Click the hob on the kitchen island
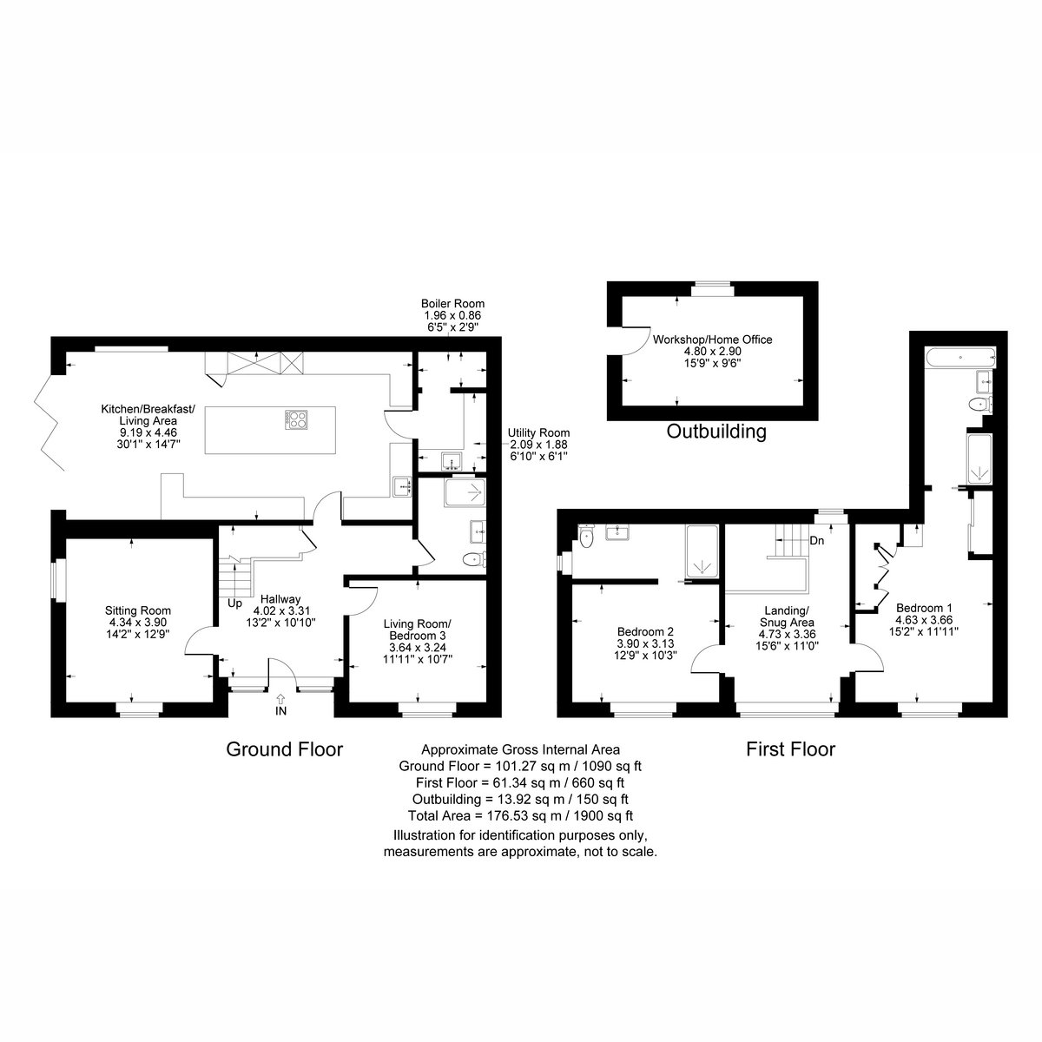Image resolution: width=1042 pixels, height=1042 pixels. pyautogui.click(x=296, y=419)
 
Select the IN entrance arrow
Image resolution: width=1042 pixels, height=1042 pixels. pyautogui.click(x=280, y=700)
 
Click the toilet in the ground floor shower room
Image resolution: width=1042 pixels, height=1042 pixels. pyautogui.click(x=474, y=559)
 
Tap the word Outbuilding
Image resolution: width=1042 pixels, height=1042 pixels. pyautogui.click(x=716, y=432)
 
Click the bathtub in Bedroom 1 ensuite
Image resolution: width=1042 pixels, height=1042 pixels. pyautogui.click(x=960, y=358)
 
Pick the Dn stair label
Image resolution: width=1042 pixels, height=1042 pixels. pyautogui.click(x=816, y=540)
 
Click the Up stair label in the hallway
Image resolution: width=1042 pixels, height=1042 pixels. pyautogui.click(x=234, y=603)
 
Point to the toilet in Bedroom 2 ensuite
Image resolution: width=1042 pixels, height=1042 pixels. pyautogui.click(x=585, y=537)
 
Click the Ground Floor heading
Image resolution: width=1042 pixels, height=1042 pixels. pyautogui.click(x=285, y=749)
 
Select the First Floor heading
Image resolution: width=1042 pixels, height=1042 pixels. pyautogui.click(x=790, y=749)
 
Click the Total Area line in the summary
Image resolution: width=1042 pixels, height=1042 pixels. pyautogui.click(x=520, y=815)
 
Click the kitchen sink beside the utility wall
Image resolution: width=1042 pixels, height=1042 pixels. pyautogui.click(x=402, y=486)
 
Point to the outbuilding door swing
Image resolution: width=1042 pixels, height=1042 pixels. pyautogui.click(x=636, y=340)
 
